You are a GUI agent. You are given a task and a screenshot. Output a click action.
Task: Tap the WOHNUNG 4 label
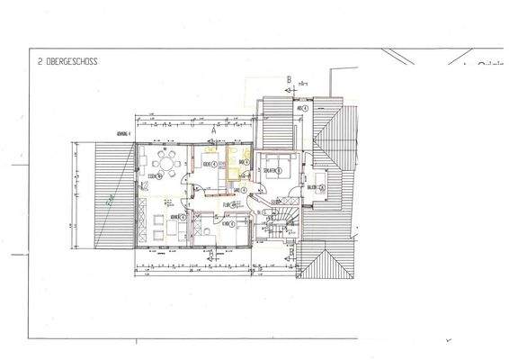[x=117, y=132]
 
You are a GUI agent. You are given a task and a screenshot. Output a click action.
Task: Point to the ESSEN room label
[x=155, y=177]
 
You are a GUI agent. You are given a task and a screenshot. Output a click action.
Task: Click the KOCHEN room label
[x=208, y=165]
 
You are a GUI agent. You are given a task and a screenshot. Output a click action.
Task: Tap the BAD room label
[x=244, y=163]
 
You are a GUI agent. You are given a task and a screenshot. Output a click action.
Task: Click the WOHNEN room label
[x=172, y=217]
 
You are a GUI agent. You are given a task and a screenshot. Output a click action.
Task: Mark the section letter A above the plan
[x=214, y=130]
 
